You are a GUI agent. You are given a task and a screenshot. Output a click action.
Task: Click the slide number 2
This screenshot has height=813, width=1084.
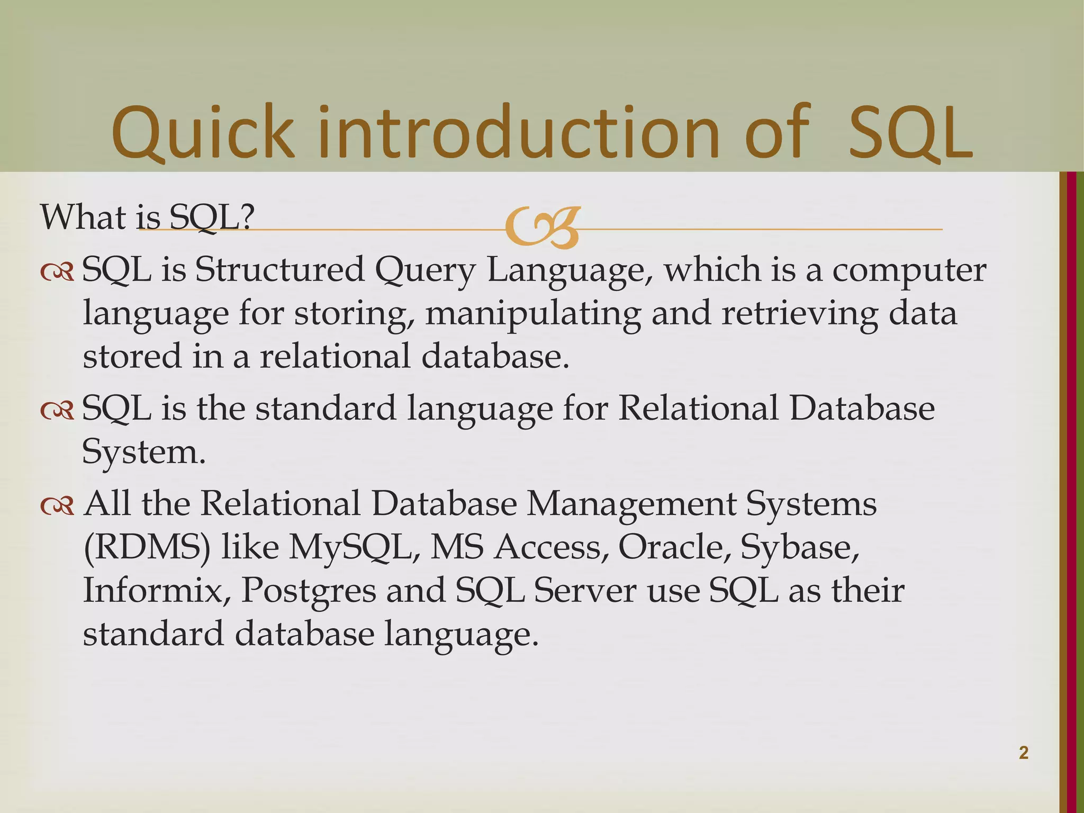(x=1024, y=753)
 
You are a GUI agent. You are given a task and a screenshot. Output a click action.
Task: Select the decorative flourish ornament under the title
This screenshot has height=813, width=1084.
(x=542, y=228)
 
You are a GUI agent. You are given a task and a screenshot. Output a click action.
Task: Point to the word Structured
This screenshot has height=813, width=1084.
(x=279, y=269)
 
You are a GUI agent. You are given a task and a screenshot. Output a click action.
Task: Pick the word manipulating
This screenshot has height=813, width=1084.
(x=532, y=313)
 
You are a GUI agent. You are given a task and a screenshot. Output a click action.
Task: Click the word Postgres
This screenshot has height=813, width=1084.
(x=309, y=591)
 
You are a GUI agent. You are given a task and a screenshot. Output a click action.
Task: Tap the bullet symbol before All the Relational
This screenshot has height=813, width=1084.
(x=57, y=506)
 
